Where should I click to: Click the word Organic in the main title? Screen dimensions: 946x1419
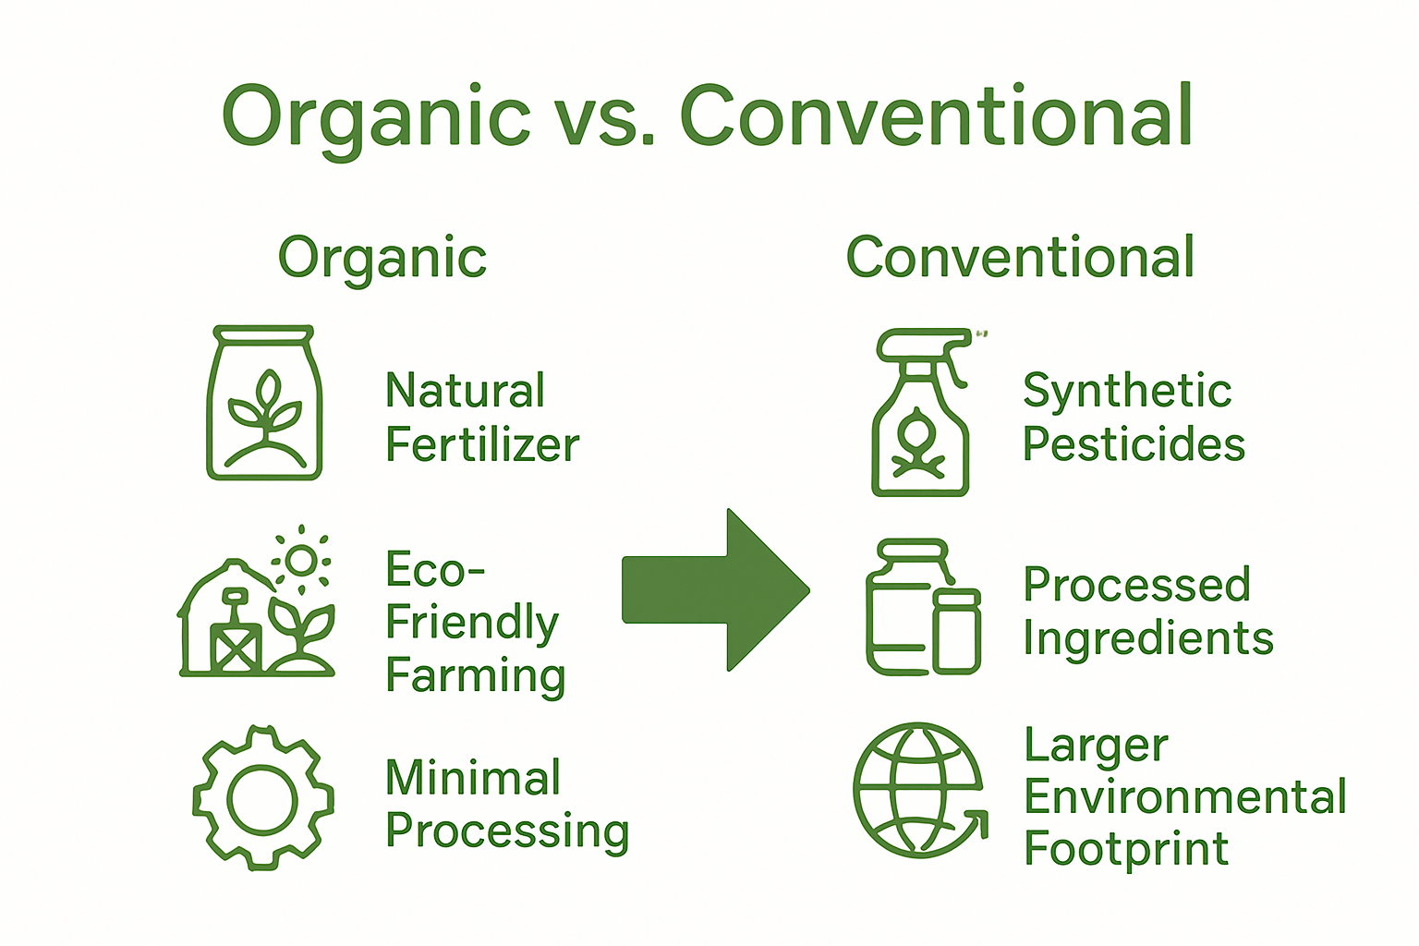[376, 117]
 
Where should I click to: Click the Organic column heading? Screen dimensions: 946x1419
[382, 258]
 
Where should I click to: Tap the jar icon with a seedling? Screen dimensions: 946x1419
[264, 403]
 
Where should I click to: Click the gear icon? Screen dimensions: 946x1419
[263, 797]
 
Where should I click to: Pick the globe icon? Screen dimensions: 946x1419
[918, 791]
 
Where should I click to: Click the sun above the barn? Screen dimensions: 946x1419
[300, 559]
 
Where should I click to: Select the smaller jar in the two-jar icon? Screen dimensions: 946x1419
[956, 632]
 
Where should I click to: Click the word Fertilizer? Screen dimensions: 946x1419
[482, 445]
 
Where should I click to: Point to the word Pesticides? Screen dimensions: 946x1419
[1134, 444]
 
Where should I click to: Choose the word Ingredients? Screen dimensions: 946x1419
[1148, 639]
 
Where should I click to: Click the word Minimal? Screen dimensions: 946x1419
[473, 778]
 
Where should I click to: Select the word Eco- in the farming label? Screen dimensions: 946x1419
[434, 570]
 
